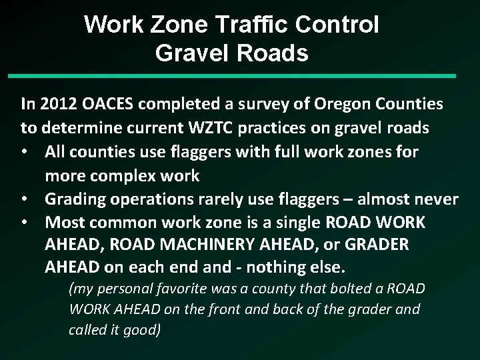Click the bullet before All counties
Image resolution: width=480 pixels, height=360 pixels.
pyautogui.click(x=28, y=151)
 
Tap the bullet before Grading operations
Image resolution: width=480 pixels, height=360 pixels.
pyautogui.click(x=28, y=198)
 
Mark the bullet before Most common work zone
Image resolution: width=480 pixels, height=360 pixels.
pyautogui.click(x=28, y=221)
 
